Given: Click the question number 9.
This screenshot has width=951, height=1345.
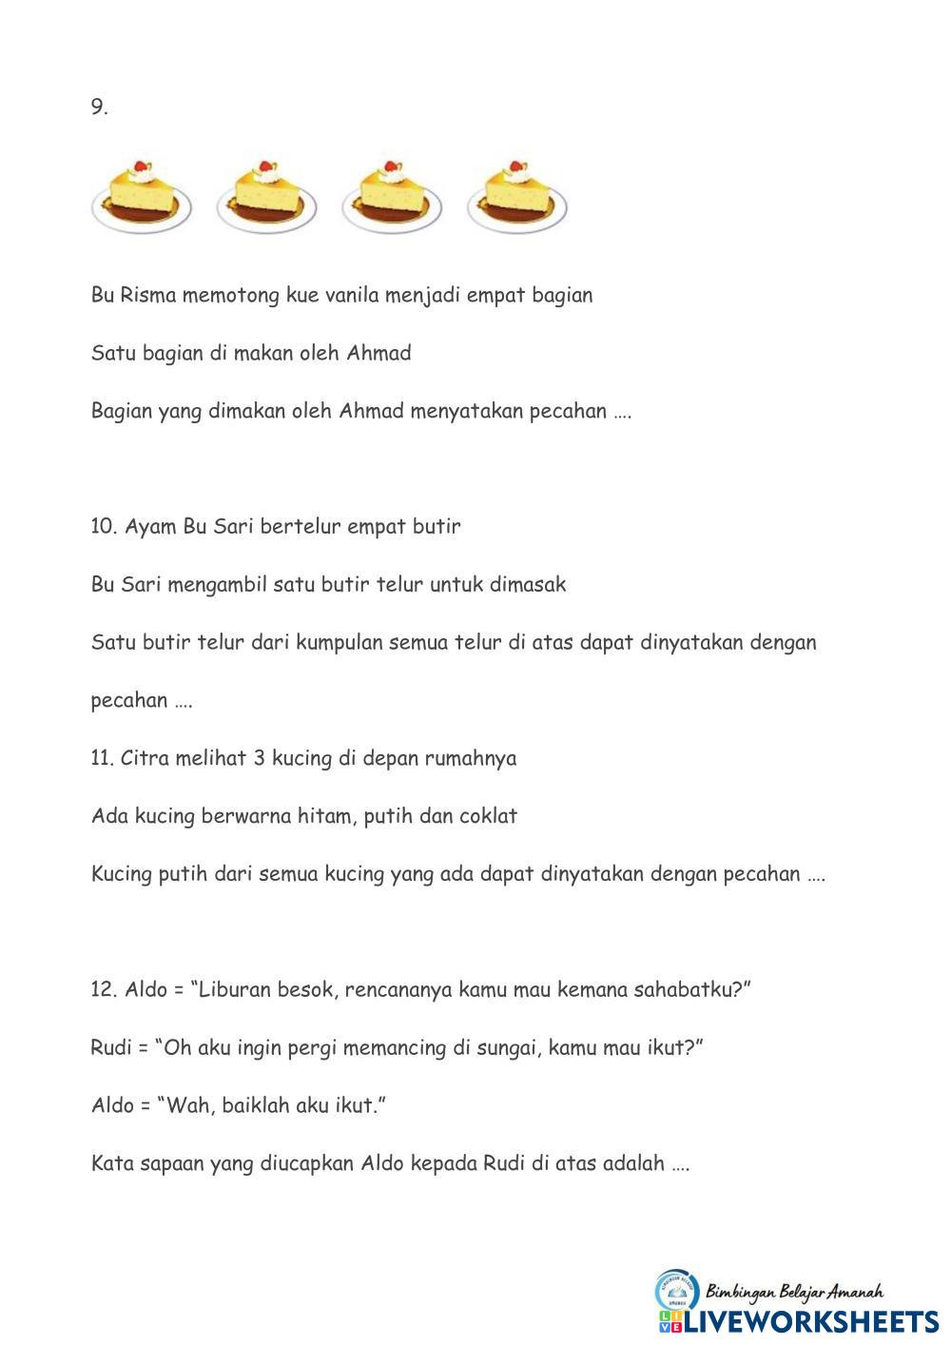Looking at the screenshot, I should (x=99, y=107).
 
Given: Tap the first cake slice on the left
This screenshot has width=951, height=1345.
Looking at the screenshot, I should (x=142, y=197).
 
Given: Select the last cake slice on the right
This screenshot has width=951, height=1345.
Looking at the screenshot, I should (x=516, y=197).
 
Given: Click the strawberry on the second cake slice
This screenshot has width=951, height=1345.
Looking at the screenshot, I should (x=267, y=166).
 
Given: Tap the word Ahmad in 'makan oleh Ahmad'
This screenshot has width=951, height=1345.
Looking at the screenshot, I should (x=378, y=353).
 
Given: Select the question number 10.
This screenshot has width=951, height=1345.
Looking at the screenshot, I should (x=103, y=526).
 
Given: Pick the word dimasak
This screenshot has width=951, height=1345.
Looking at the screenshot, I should (x=528, y=584).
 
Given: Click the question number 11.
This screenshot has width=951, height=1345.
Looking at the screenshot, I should (x=102, y=758).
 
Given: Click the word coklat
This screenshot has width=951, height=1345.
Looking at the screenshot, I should (x=488, y=816).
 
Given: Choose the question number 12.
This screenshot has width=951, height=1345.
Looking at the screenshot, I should (x=103, y=989).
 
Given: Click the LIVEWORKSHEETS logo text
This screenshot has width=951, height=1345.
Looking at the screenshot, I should (x=811, y=1320).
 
